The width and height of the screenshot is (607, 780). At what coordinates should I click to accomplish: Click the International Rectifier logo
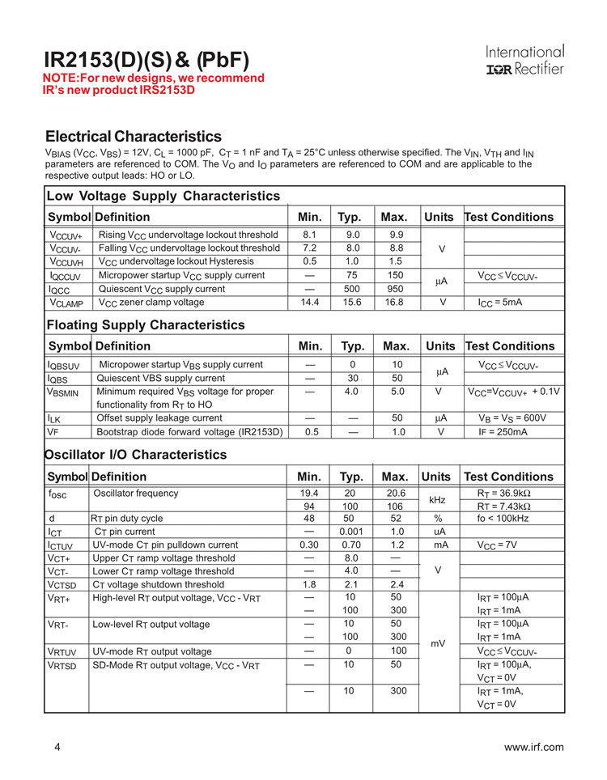click(x=524, y=61)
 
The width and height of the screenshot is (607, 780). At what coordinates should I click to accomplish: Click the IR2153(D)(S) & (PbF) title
click(x=146, y=60)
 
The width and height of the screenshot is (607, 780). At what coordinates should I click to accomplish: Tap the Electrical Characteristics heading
click(x=134, y=136)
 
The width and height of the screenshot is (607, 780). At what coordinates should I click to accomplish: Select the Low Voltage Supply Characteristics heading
click(x=163, y=196)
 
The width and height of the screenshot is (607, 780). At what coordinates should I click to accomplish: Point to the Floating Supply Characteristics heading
click(x=146, y=324)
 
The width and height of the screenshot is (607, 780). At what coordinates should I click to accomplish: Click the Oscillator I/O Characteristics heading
click(x=135, y=455)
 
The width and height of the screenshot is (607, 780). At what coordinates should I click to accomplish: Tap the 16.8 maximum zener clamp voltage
click(x=394, y=303)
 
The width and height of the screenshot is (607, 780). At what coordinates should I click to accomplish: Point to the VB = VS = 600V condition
click(x=512, y=418)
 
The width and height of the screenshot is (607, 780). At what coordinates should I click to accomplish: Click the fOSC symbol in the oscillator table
click(x=61, y=494)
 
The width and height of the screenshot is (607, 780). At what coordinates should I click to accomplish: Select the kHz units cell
click(x=438, y=500)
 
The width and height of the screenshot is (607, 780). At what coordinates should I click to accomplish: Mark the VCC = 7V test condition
click(x=498, y=545)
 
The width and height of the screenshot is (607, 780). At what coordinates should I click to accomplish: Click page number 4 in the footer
click(x=57, y=747)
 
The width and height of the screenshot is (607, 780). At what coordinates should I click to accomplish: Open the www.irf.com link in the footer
click(x=533, y=747)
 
